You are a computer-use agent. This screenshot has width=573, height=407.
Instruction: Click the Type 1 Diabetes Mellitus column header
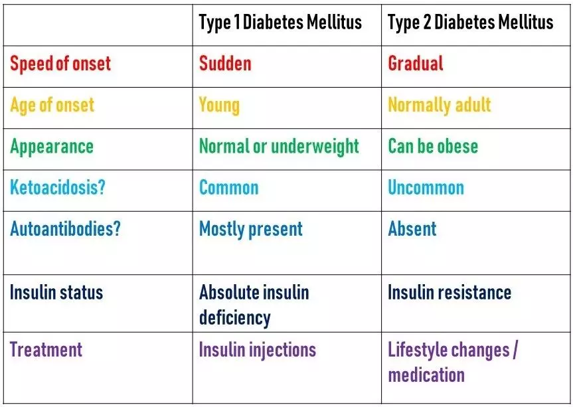[x=280, y=23]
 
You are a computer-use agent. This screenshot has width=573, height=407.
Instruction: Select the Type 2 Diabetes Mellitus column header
[x=470, y=23]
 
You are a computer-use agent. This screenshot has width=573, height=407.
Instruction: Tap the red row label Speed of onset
[x=60, y=64]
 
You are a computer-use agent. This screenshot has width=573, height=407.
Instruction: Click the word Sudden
[x=225, y=64]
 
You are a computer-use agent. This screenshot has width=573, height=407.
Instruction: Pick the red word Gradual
[x=416, y=64]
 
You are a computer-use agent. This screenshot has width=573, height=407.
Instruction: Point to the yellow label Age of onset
[x=52, y=105]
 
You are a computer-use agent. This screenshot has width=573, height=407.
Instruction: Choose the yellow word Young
[x=219, y=105]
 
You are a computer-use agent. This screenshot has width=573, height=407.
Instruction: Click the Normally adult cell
[x=440, y=105]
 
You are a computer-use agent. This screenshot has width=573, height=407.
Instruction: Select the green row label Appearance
[x=52, y=146]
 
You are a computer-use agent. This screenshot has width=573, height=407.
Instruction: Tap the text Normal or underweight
[x=279, y=146]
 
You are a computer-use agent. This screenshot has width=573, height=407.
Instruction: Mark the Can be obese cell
[x=433, y=146]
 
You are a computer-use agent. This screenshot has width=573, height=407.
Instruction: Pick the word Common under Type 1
[x=228, y=187]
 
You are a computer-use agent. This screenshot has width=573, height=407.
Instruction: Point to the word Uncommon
[x=426, y=187]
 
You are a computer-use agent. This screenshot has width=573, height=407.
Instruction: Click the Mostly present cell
[x=251, y=229]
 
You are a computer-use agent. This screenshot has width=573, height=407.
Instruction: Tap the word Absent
[x=412, y=229]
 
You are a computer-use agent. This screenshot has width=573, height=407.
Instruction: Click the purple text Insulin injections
[x=258, y=350]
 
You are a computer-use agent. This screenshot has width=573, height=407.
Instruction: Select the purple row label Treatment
[x=46, y=350]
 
